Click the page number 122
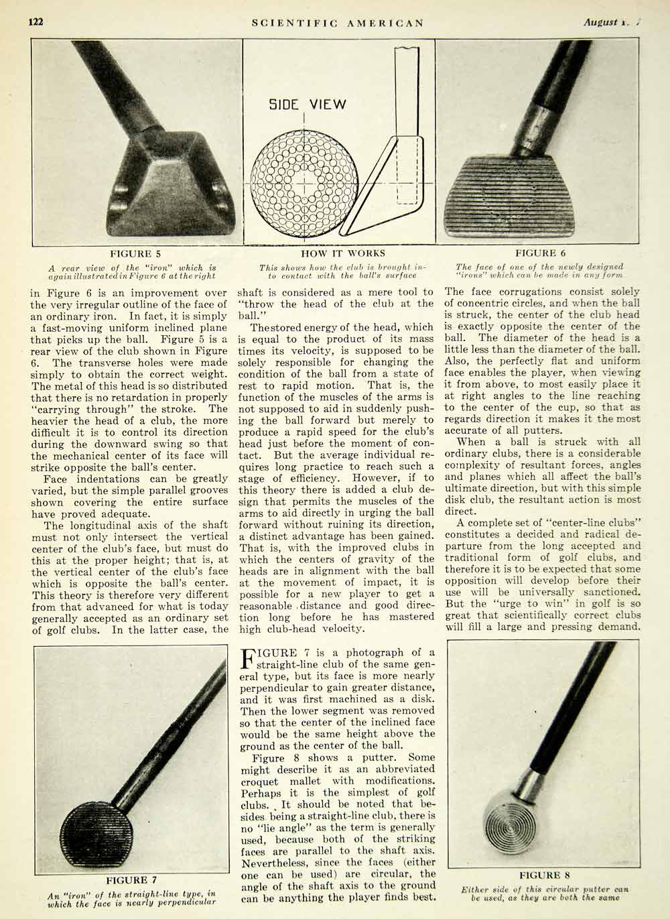[36, 21]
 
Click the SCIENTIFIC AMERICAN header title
[338, 22]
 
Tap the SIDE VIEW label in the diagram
[308, 105]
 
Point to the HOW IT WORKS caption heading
[343, 253]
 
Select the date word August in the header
[600, 22]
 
